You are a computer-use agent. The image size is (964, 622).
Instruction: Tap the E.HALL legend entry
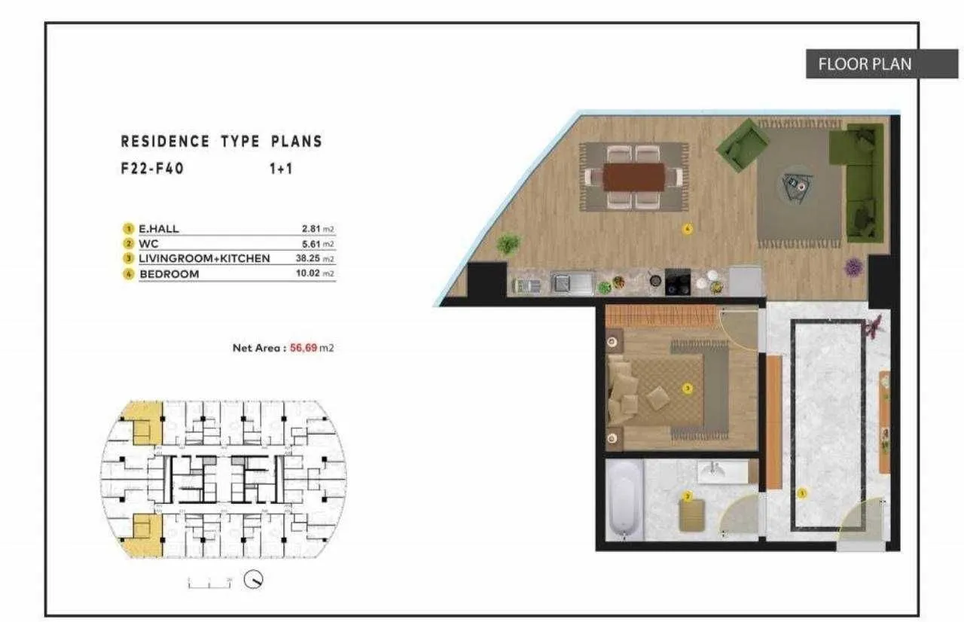159,228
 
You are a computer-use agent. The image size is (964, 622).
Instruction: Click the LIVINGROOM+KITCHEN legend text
204,259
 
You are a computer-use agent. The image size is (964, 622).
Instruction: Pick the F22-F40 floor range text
151,169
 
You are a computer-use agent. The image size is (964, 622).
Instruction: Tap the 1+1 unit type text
281,169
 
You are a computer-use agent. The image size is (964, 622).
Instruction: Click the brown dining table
633,177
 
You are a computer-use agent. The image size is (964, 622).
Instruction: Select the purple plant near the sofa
853,265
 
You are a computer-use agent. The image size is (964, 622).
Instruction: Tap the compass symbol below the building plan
254,581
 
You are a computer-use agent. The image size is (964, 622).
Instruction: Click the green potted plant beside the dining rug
508,243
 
